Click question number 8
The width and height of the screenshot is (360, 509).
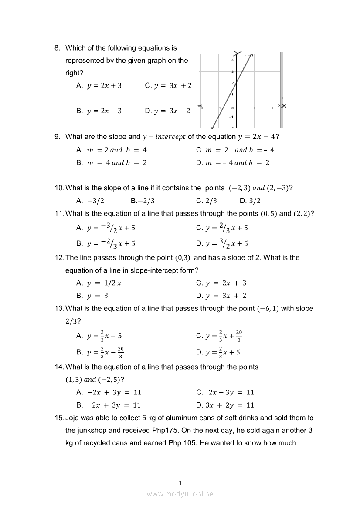[x=58, y=48]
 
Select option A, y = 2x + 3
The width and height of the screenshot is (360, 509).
[x=104, y=86]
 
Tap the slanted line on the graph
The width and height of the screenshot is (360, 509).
[x=231, y=91]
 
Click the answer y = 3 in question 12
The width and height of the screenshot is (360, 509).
[x=97, y=296]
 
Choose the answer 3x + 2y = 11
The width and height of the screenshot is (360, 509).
[x=229, y=405]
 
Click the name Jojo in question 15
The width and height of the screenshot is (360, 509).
[x=73, y=418]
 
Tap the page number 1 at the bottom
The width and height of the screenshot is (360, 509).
[x=180, y=483]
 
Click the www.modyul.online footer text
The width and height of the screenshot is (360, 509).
[x=180, y=494]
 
